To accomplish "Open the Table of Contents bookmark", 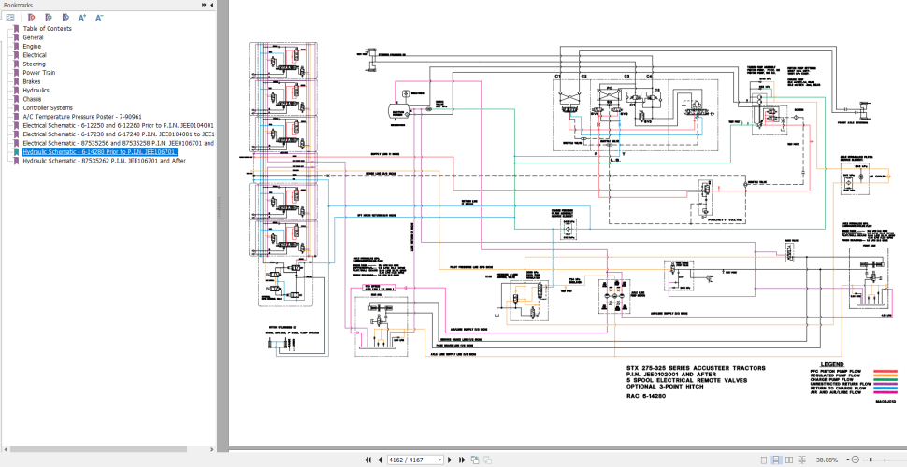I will (47, 28).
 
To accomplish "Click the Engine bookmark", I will (32, 46).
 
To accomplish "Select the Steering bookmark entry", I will (34, 64).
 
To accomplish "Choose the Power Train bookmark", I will (38, 72).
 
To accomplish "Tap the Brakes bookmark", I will (32, 81).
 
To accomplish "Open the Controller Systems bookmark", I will (48, 107).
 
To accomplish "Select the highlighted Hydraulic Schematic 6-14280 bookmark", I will (99, 151).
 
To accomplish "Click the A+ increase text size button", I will (81, 17).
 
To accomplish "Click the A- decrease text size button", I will (97, 17).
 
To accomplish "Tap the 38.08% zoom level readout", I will (827, 460).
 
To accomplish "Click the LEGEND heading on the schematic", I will (832, 363).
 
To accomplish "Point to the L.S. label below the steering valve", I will (614, 161).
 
